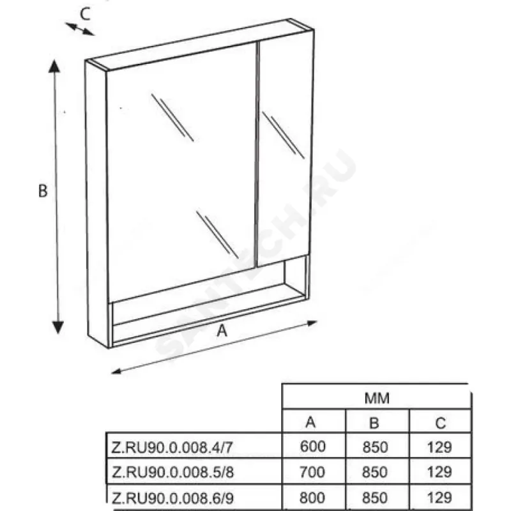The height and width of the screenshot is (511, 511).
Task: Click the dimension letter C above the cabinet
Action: tap(85, 14)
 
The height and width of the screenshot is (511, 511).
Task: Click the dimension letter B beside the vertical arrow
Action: tap(43, 191)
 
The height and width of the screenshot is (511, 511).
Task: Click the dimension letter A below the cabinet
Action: tap(222, 331)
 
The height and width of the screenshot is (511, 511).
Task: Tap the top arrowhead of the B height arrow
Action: tap(54, 66)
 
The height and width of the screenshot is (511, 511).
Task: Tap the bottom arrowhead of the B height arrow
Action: tap(58, 328)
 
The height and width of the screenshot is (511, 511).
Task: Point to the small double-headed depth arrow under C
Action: tap(80, 29)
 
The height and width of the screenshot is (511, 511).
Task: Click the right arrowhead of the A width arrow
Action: tap(312, 323)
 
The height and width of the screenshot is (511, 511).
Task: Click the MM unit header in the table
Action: tap(377, 398)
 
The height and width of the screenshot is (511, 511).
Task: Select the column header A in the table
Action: tap(310, 422)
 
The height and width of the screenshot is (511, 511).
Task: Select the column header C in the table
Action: tap(440, 423)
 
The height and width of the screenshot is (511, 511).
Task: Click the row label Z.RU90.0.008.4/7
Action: tap(172, 448)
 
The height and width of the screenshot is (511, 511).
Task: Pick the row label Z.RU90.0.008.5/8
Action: tap(172, 472)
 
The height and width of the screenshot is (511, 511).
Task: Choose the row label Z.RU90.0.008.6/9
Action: tap(172, 498)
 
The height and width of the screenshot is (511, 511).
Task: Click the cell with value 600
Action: tap(312, 446)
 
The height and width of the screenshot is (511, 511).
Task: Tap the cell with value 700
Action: tap(312, 472)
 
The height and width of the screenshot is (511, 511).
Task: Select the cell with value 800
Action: tap(312, 498)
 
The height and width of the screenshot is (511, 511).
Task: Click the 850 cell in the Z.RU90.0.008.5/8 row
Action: tap(375, 472)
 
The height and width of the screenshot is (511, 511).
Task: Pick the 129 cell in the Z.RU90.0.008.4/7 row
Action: tap(439, 447)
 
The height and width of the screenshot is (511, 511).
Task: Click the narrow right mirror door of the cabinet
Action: tap(284, 149)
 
